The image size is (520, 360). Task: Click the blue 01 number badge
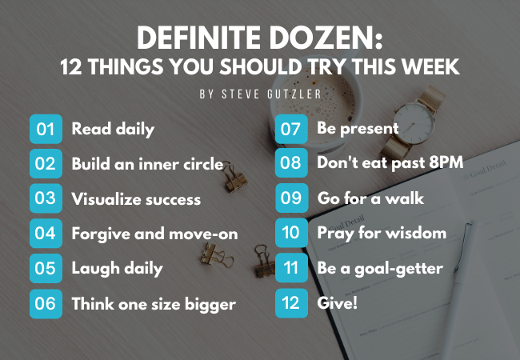(x=46, y=129)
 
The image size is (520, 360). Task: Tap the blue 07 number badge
(x=291, y=129)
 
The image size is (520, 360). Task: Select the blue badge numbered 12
(x=291, y=303)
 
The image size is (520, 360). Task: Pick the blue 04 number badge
(x=46, y=233)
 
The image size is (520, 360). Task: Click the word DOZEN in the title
(x=326, y=38)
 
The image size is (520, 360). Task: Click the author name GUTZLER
(x=294, y=94)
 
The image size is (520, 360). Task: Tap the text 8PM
(x=446, y=162)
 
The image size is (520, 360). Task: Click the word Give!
(x=338, y=302)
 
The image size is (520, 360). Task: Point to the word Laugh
(x=95, y=268)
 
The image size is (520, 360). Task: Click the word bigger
(x=210, y=305)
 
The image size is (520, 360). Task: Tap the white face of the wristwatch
(x=414, y=122)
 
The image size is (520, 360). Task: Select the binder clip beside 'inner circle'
(x=234, y=177)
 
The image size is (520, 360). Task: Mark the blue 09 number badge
(x=291, y=198)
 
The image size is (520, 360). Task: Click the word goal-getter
(x=399, y=269)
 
